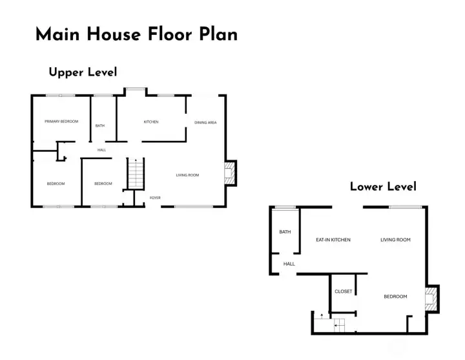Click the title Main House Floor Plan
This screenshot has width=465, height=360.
[x=136, y=34]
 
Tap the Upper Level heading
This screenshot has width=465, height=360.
[x=83, y=72]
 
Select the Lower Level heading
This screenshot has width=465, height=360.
[x=383, y=187]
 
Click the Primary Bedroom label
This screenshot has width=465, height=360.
[x=61, y=122]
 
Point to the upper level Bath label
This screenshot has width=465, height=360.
[x=100, y=126]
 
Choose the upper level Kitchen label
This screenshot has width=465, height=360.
[x=151, y=122]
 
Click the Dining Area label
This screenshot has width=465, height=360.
[x=205, y=122]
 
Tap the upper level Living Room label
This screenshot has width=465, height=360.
[x=187, y=175]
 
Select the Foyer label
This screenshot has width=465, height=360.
[x=155, y=198]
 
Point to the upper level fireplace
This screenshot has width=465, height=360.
[x=229, y=173]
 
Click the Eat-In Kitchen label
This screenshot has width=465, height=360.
[x=333, y=240]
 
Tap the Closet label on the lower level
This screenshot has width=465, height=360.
[x=344, y=291]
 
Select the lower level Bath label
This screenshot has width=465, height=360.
[x=285, y=232]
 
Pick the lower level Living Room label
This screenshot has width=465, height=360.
[x=395, y=240]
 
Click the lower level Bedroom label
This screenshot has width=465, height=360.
[x=395, y=297]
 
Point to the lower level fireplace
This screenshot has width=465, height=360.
[x=431, y=299]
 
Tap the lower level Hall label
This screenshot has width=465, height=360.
[x=289, y=264]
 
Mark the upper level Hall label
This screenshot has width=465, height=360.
[x=101, y=150]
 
